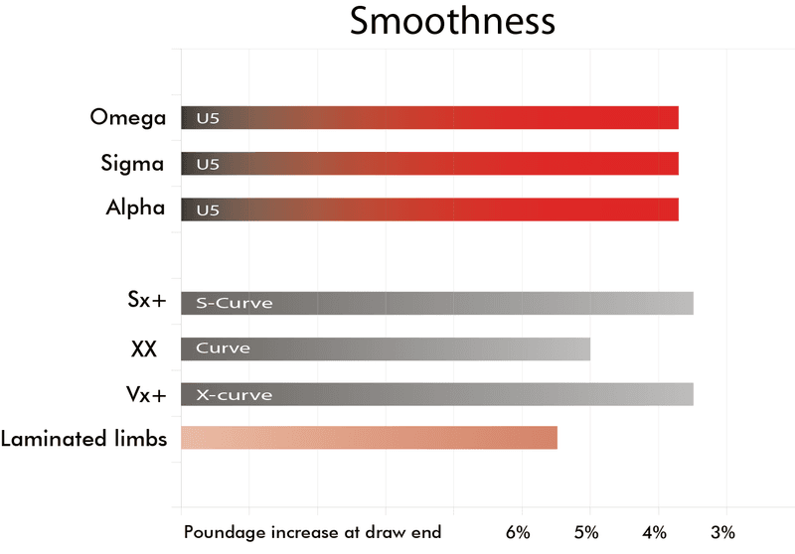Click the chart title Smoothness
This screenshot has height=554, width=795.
452,23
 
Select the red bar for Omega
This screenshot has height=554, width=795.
429,117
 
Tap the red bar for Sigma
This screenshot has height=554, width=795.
429,163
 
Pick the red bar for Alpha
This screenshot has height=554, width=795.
429,208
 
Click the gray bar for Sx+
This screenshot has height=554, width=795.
437,303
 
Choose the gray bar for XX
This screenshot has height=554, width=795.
386,348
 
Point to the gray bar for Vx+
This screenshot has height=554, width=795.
437,394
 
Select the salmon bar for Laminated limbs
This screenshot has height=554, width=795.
369,438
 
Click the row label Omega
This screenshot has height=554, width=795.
127,117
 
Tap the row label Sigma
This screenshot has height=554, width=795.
132,163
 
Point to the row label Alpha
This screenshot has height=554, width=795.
135,208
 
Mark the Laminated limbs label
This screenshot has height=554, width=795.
84,438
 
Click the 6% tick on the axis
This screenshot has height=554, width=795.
518,532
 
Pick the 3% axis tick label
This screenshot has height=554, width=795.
723,532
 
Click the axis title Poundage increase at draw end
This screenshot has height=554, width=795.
312,533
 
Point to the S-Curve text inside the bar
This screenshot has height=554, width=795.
234,303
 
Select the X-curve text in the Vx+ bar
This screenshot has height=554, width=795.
234,394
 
